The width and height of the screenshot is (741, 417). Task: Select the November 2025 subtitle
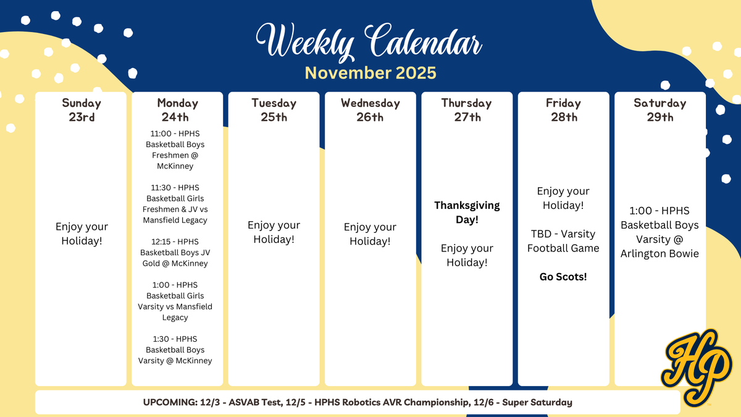pyautogui.click(x=371, y=73)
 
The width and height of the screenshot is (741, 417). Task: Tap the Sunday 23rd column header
pyautogui.click(x=82, y=109)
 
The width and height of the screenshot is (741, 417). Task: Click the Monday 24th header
pyautogui.click(x=178, y=109)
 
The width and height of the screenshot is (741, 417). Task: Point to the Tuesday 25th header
pyautogui.click(x=274, y=109)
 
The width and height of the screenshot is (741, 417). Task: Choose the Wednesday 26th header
pyautogui.click(x=370, y=109)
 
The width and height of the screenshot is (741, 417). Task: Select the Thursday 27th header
pyautogui.click(x=467, y=109)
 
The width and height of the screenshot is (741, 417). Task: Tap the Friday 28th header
pyautogui.click(x=563, y=109)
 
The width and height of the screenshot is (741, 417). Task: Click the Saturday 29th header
pyautogui.click(x=659, y=109)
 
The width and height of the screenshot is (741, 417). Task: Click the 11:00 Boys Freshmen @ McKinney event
pyautogui.click(x=175, y=150)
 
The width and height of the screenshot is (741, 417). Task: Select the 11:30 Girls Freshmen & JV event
pyautogui.click(x=175, y=203)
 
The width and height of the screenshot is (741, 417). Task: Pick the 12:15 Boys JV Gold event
pyautogui.click(x=175, y=252)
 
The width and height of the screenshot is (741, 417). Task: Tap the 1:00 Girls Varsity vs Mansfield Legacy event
pyautogui.click(x=175, y=301)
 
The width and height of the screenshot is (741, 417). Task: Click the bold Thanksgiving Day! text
pyautogui.click(x=467, y=212)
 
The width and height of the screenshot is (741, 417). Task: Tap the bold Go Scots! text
pyautogui.click(x=563, y=277)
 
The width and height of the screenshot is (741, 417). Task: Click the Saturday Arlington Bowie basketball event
pyautogui.click(x=659, y=232)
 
